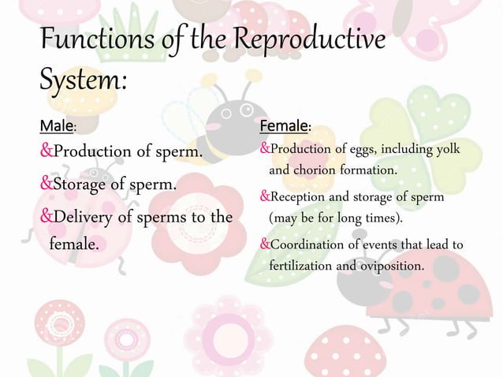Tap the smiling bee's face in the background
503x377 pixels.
click(x=237, y=118)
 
